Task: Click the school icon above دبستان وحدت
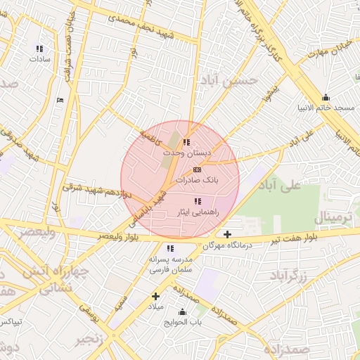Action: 186,142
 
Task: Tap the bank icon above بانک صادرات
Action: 196,170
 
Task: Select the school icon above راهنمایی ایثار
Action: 197,202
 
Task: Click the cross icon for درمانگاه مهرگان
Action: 226,234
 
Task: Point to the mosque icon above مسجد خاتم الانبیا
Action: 325,98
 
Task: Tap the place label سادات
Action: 38,59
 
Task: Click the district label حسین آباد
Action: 224,82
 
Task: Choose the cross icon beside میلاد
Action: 155,296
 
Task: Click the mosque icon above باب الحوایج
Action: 183,312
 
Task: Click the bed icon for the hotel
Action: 60,100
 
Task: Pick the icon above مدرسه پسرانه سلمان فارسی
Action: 170,248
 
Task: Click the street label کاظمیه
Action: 150,134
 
